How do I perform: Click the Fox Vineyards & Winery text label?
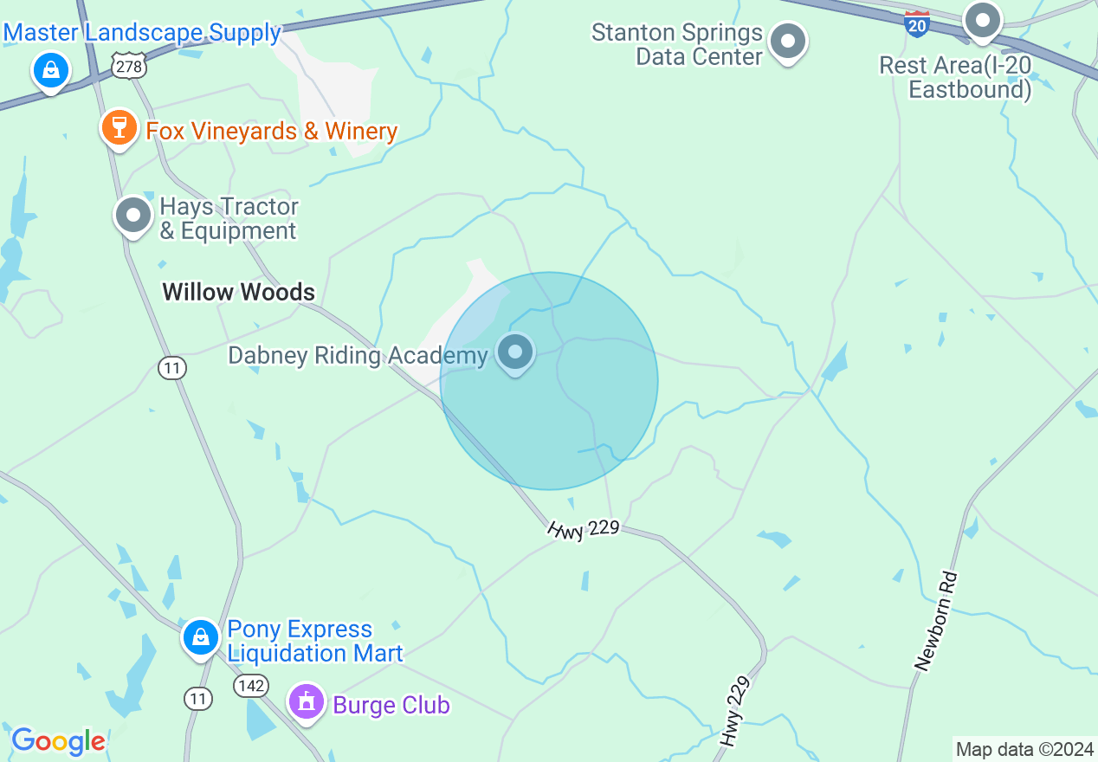271,131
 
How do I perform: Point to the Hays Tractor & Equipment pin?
133,215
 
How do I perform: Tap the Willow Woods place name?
239,292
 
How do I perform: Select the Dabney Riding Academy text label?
358,356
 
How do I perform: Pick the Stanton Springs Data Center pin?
788,42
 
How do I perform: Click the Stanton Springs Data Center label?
677,45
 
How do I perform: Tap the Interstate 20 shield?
917,23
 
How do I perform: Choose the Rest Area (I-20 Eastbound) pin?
983,21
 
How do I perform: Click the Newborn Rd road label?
935,620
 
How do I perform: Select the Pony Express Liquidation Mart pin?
201,638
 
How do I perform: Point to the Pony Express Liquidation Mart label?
314,641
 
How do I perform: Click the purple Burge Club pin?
306,702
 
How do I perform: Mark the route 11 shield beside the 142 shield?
198,698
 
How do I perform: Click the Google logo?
58,741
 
